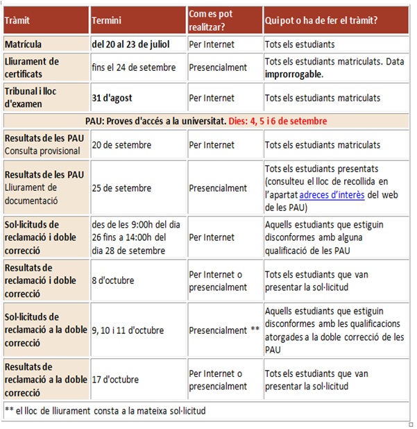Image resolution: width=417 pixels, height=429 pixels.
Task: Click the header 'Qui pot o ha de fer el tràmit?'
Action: [321, 21]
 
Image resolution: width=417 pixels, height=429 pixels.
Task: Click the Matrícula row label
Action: [27, 44]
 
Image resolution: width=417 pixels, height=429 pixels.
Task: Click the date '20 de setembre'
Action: [121, 145]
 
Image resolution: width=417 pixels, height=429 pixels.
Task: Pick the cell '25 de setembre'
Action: [121, 188]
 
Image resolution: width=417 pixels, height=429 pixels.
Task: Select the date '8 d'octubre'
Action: [113, 280]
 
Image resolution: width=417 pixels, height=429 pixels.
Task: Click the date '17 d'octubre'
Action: [115, 380]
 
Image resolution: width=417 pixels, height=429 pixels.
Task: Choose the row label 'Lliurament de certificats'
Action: [32, 67]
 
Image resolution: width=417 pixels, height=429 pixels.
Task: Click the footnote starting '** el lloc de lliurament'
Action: [105, 410]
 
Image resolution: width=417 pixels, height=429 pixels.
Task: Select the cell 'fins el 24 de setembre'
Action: [133, 68]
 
